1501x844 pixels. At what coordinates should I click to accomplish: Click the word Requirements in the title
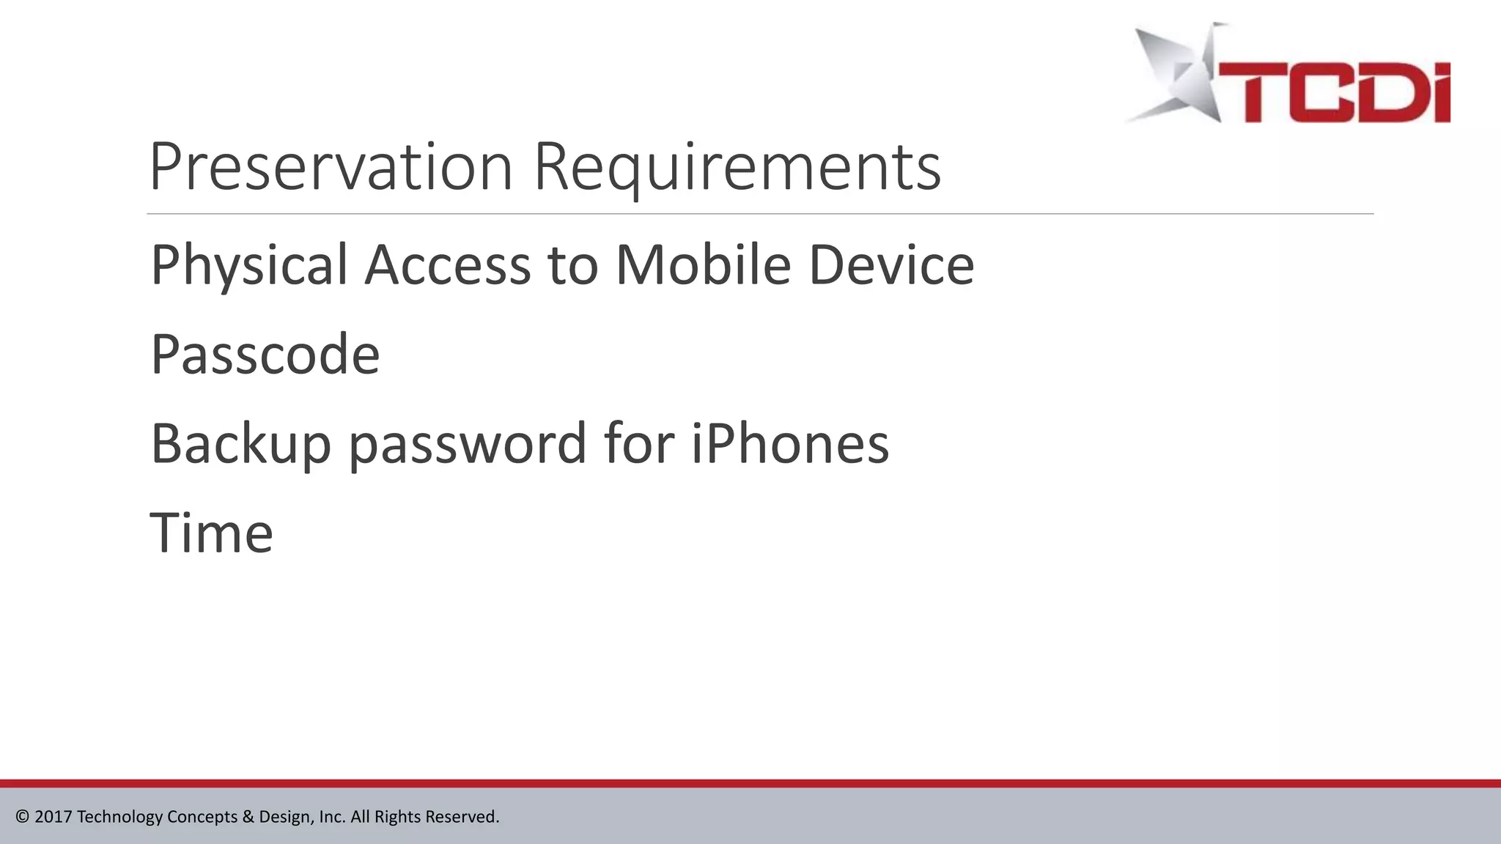737,169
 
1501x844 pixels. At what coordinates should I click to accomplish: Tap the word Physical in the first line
249,265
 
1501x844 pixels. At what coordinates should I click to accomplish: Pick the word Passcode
265,355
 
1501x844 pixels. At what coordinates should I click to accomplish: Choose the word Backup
240,445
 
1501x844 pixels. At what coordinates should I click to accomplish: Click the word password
468,445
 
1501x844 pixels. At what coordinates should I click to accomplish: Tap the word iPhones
790,443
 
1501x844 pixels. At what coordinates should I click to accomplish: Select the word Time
212,533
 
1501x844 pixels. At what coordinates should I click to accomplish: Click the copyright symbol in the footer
23,816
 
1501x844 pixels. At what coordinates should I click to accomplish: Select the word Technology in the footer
120,817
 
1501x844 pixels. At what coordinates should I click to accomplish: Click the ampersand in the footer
248,816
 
